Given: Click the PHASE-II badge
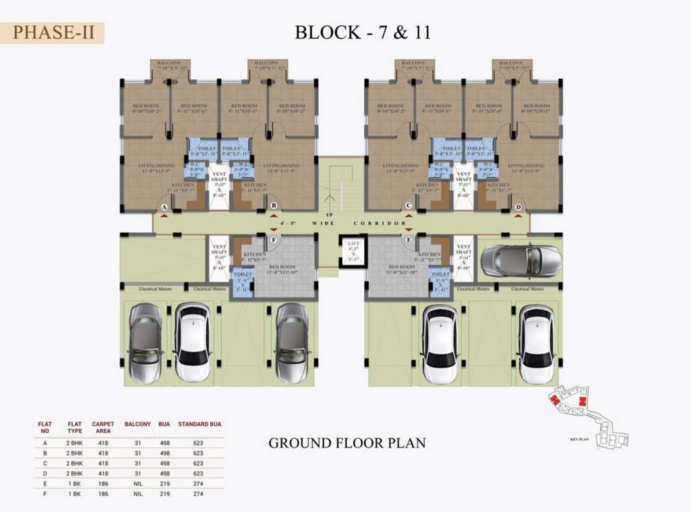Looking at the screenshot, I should pos(57,32).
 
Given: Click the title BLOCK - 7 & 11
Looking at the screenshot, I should pos(362,32).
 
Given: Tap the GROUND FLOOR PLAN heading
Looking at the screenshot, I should pos(346,443).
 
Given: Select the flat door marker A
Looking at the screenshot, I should pos(164,207).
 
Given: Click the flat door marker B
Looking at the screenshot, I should pos(273,205).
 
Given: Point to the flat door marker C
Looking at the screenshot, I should pos(409,205).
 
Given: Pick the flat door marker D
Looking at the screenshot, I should pos(518,207).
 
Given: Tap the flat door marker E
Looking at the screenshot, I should pos(409,239).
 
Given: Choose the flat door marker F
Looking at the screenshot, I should pos(273,239).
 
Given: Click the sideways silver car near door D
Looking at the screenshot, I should pos(521,260).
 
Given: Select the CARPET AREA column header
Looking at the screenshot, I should pos(103,427).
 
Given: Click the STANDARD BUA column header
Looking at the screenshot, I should pos(199,424).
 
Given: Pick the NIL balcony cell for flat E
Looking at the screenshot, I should pos(137,483).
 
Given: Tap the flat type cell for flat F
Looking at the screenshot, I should pos(73,494).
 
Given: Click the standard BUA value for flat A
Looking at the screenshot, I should pos(198,442).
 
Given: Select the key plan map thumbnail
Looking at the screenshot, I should pos(587,417).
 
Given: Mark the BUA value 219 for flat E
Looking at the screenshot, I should pos(164,483).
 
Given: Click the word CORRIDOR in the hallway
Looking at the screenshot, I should pos(380,223).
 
